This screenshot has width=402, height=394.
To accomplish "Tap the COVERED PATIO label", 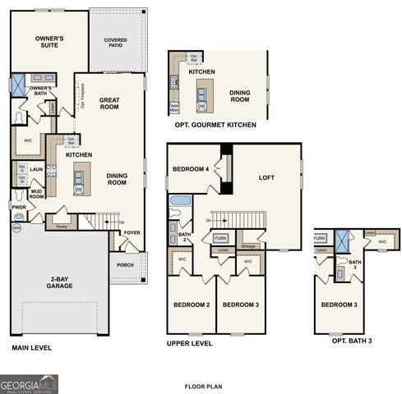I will pyautogui.click(x=115, y=43).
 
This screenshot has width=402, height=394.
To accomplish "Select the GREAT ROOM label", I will pyautogui.click(x=109, y=104).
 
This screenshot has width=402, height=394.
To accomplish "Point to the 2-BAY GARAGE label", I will pyautogui.click(x=59, y=282).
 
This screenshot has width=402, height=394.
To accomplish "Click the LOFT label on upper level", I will pyautogui.click(x=266, y=177).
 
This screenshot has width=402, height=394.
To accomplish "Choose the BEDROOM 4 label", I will pyautogui.click(x=190, y=169).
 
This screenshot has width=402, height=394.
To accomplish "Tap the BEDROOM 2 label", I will pyautogui.click(x=191, y=305).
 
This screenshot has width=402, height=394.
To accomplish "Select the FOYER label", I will pyautogui.click(x=132, y=232).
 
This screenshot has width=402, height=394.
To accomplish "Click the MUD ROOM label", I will pyautogui.click(x=37, y=195).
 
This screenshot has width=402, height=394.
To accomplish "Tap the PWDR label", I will pyautogui.click(x=19, y=208).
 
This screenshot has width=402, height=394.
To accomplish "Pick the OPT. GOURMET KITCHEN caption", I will pyautogui.click(x=215, y=125).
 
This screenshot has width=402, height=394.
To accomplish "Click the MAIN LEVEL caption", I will pyautogui.click(x=32, y=348).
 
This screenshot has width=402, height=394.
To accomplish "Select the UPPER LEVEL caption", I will pyautogui.click(x=189, y=343).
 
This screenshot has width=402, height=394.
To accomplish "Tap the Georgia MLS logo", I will pyautogui.click(x=29, y=383).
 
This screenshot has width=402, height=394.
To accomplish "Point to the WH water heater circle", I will pyautogui.click(x=16, y=227).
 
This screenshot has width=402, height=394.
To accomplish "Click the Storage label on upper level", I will pyautogui.click(x=248, y=245).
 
